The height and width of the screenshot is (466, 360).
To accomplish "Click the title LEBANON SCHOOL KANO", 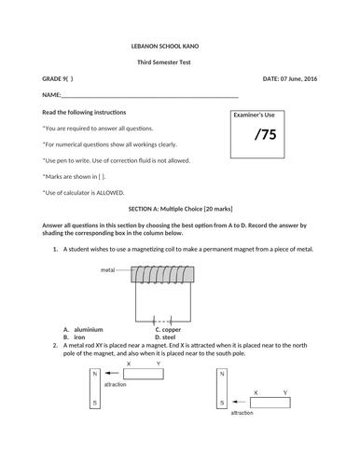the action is click(165, 47).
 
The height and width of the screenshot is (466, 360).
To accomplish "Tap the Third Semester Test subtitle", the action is click(164, 62).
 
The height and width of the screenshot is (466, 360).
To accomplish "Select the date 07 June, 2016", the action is click(298, 79).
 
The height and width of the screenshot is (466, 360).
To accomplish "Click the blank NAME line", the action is click(150, 97).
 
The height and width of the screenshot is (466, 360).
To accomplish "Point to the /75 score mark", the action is click(266, 134).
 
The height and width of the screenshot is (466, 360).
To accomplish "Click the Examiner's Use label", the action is click(254, 115).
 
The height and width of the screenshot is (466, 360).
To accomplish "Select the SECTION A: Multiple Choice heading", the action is click(180, 209).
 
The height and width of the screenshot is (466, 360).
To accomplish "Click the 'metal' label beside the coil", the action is click(107, 270).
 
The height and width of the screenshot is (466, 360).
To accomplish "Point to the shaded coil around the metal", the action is click(162, 274).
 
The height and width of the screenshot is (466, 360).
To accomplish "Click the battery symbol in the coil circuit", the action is click(162, 321).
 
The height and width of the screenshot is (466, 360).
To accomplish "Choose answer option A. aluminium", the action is click(83, 330).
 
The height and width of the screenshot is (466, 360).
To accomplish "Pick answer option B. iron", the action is click(74, 337).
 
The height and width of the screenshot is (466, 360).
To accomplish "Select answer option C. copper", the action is click(168, 330).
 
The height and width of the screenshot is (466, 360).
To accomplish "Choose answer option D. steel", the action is click(165, 337).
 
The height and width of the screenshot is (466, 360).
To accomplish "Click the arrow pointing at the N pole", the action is click(112, 373).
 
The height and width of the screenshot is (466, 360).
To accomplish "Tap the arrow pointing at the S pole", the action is click(239, 402).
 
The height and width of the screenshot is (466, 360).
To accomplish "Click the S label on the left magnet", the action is click(95, 403).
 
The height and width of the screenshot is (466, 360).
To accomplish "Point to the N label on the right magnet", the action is click(222, 374).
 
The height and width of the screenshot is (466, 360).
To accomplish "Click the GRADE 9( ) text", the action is click(58, 79).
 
